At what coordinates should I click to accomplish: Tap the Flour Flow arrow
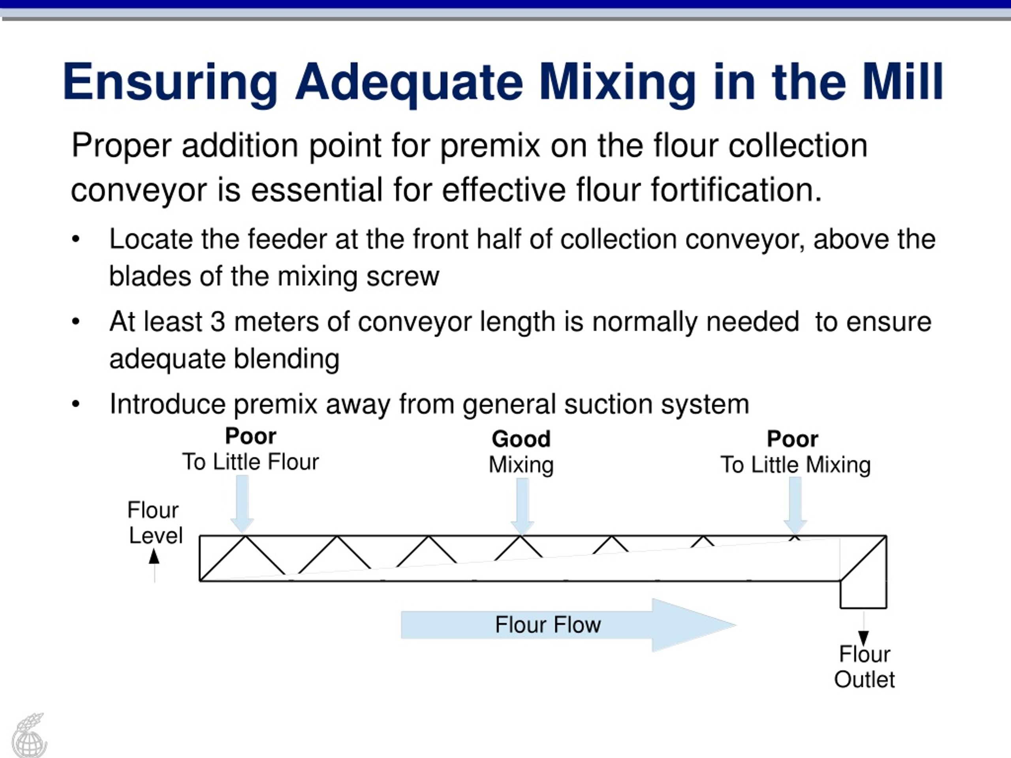click(x=568, y=625)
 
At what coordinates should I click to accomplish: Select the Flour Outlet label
click(x=864, y=667)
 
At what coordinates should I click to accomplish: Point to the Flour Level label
click(x=155, y=523)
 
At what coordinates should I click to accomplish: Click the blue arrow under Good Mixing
click(x=522, y=506)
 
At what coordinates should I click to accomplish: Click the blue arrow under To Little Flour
click(x=242, y=504)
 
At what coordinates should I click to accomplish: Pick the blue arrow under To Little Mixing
click(x=795, y=506)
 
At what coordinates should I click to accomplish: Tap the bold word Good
click(x=521, y=439)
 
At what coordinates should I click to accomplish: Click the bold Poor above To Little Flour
click(x=250, y=436)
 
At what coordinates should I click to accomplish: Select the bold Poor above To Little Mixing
click(x=792, y=439)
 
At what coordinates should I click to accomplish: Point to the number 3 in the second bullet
click(x=218, y=322)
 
